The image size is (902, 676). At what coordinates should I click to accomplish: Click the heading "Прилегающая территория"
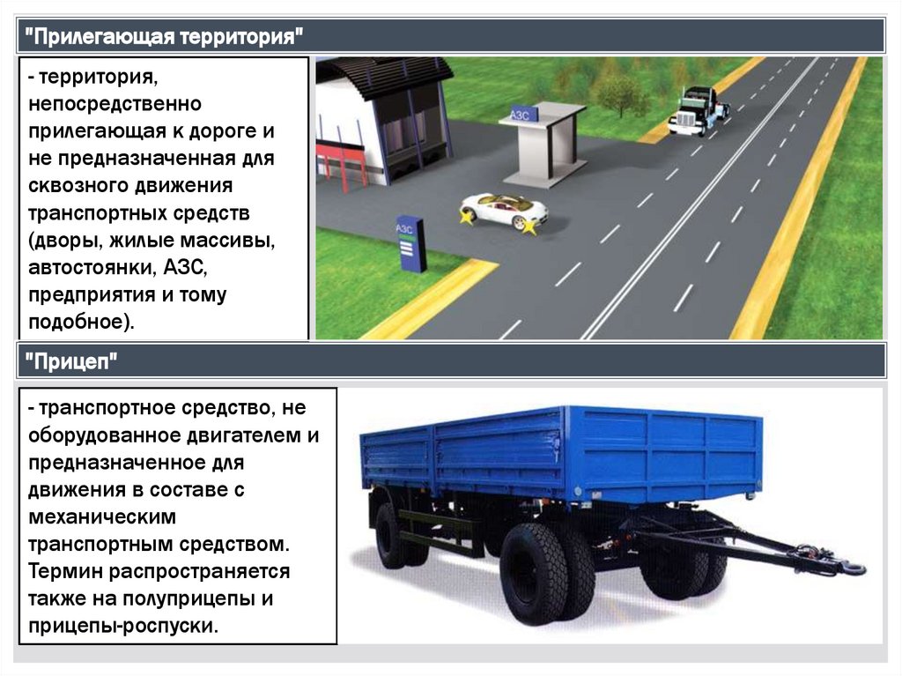pos(163,37)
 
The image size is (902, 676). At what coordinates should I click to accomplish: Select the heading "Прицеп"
pos(70,361)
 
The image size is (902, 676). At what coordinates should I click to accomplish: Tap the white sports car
pos(504,212)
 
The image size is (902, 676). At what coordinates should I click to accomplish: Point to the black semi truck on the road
pos(698,110)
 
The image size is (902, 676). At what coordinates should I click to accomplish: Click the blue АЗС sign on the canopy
pos(524,114)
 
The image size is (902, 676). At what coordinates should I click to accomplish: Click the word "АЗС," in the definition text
pos(185,267)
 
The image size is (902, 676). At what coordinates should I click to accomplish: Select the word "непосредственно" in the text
pos(115,104)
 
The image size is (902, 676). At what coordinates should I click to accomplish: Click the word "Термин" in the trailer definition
pos(65,571)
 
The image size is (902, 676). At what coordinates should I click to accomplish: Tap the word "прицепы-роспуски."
pos(123,626)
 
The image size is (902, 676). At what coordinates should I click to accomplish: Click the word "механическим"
pos(102,517)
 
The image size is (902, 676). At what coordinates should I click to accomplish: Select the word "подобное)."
pos(81,322)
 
